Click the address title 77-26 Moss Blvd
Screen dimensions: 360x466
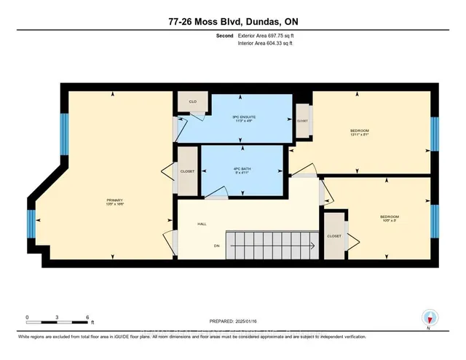tap(232, 22)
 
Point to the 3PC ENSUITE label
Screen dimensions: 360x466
tap(243, 118)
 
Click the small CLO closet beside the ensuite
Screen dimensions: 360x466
tap(193, 102)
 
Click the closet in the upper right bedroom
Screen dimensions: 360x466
tap(302, 121)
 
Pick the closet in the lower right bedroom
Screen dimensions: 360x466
tap(335, 235)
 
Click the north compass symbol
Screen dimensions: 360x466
tap(430, 318)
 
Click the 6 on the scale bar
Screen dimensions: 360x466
tap(87, 318)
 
